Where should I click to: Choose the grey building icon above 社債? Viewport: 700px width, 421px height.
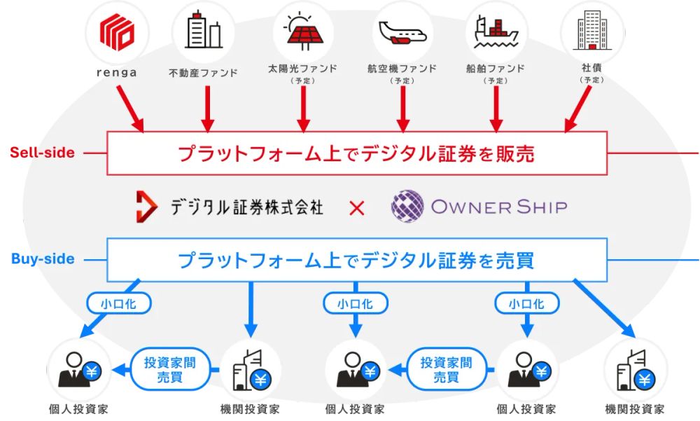[592, 32]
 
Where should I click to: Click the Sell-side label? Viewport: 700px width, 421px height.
[42, 152]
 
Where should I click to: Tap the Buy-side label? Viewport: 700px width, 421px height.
[43, 258]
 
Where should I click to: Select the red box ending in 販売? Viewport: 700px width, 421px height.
[356, 153]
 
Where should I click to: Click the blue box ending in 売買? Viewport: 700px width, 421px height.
[356, 260]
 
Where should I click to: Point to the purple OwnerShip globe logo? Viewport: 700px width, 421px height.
[407, 207]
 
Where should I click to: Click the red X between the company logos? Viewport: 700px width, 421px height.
[357, 207]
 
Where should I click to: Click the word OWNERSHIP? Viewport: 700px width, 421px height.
[499, 207]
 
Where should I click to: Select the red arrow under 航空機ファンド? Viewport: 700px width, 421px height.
[402, 109]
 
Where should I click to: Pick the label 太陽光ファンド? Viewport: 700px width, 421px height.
[302, 69]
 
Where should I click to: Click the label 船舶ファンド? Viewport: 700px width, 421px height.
[495, 69]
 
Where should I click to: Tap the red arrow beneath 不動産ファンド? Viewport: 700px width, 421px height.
[206, 109]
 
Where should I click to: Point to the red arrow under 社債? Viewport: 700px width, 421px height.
[579, 109]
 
